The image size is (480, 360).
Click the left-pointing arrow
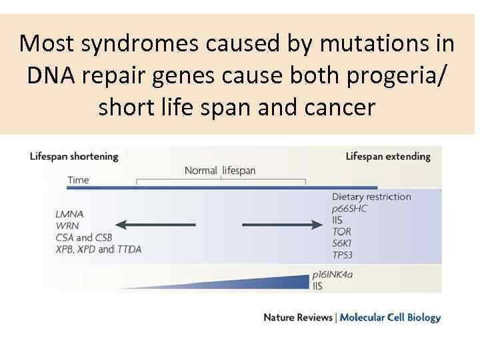(155, 225)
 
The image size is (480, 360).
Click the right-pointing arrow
(282, 225)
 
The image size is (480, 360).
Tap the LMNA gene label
(70, 214)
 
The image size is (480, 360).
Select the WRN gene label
(68, 225)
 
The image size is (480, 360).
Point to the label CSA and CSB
(85, 237)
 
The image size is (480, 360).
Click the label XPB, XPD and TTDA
(99, 249)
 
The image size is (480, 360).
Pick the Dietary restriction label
(371, 197)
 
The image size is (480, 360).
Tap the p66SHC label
(349, 208)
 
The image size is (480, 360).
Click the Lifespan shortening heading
(74, 157)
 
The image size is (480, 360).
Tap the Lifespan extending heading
(388, 157)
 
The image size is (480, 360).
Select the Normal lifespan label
(220, 171)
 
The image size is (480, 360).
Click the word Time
(78, 180)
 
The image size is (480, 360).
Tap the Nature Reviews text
(298, 317)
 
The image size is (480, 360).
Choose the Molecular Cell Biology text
(390, 317)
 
